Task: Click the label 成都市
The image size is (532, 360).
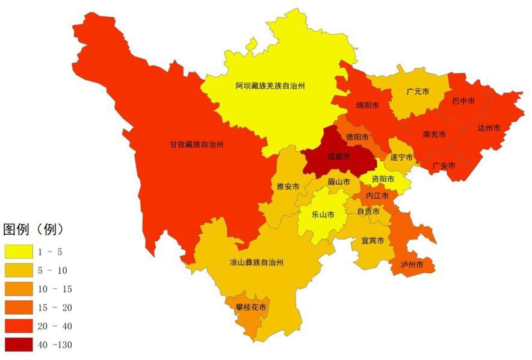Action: [x=339, y=157]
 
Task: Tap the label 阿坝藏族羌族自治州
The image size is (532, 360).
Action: [x=270, y=86]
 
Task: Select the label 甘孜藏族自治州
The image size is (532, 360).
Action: [x=196, y=144]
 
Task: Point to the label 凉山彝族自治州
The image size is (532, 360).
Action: [x=256, y=263]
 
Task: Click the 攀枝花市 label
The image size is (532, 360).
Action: [x=251, y=308]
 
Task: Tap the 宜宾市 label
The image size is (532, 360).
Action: [x=373, y=241]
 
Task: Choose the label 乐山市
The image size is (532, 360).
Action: [x=323, y=214]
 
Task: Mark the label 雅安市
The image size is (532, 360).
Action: [x=288, y=187]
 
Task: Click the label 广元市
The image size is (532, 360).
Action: [x=418, y=92]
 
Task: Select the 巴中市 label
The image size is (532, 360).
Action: [x=463, y=101]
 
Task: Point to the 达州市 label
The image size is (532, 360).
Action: [x=489, y=128]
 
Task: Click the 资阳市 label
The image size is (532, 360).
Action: [x=383, y=179]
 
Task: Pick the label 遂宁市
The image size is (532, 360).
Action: [x=401, y=158]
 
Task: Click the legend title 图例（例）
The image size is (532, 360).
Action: [x=34, y=229]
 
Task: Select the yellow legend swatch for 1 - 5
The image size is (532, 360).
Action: [x=19, y=252]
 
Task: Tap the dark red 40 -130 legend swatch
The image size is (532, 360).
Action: [x=19, y=345]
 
